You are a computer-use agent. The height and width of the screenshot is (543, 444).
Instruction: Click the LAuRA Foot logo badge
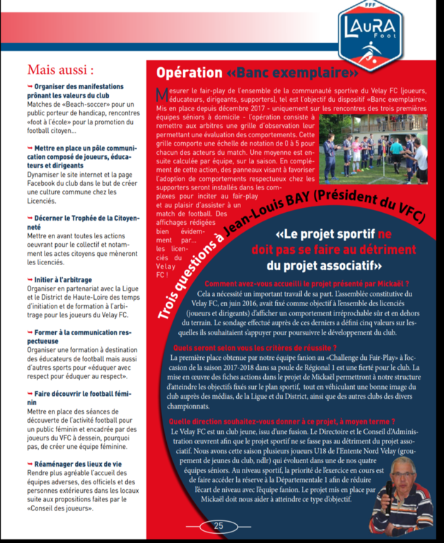(x=370, y=31)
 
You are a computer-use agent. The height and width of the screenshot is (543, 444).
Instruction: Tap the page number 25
(x=218, y=526)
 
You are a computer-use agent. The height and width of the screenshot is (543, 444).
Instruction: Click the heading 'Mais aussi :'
(x=60, y=70)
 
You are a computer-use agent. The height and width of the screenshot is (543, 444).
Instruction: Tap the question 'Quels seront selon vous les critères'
(x=255, y=349)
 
